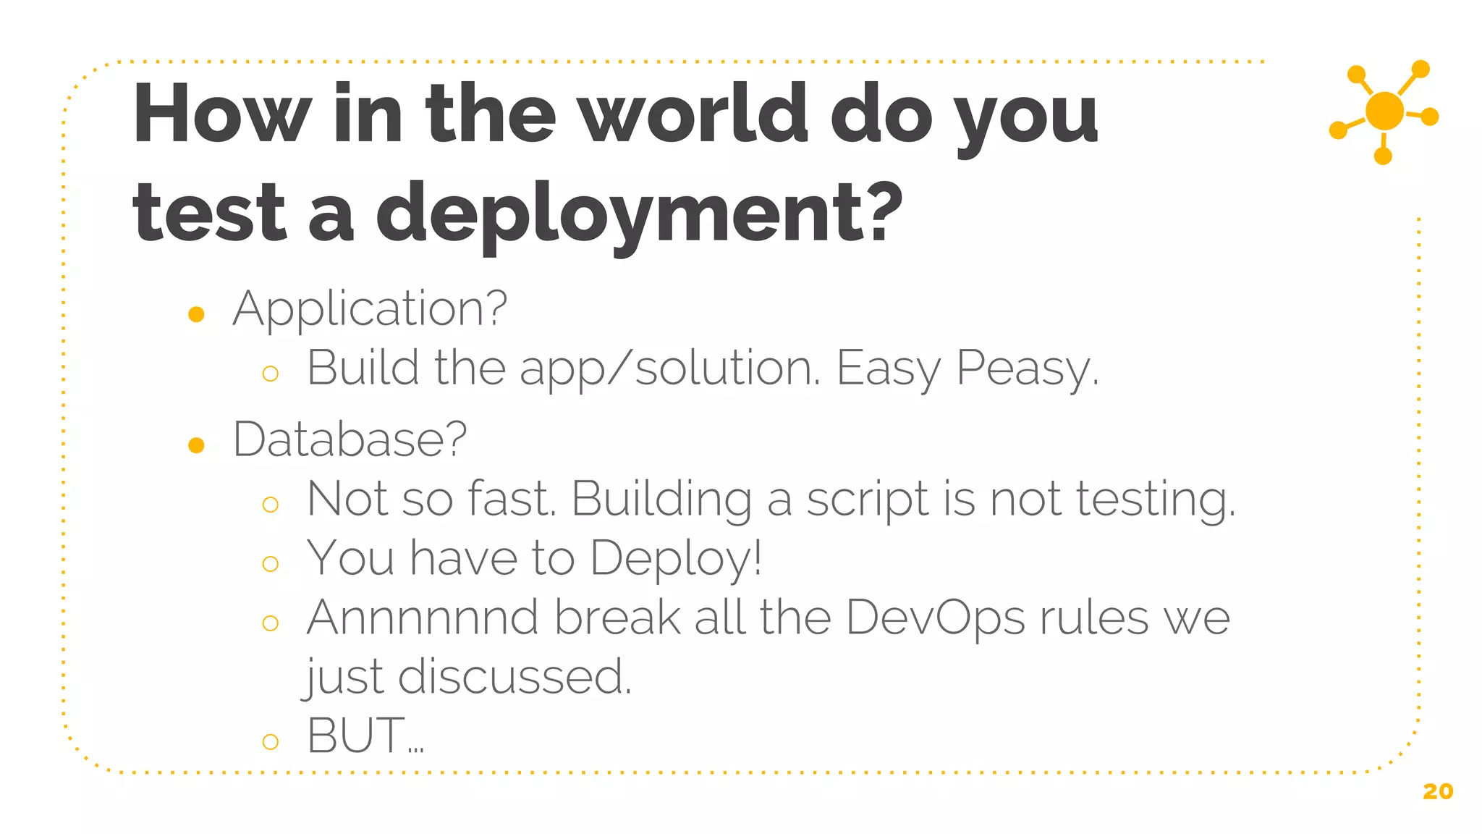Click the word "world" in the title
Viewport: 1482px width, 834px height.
tap(695, 114)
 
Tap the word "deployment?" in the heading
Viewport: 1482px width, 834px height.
tap(640, 213)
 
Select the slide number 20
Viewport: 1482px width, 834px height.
tap(1437, 791)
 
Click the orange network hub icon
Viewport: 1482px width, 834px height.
tap(1384, 111)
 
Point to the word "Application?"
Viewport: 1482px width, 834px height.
tap(370, 310)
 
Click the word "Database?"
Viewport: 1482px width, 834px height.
tap(350, 440)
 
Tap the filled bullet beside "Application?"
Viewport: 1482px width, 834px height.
tap(196, 314)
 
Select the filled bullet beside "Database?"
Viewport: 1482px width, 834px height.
tap(196, 445)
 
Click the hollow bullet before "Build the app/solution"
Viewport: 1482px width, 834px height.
tap(271, 374)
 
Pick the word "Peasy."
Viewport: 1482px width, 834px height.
tap(1028, 369)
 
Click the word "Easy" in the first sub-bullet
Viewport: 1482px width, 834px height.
tap(889, 369)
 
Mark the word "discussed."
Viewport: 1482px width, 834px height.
tap(515, 678)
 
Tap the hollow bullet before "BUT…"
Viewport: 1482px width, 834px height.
tap(271, 741)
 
